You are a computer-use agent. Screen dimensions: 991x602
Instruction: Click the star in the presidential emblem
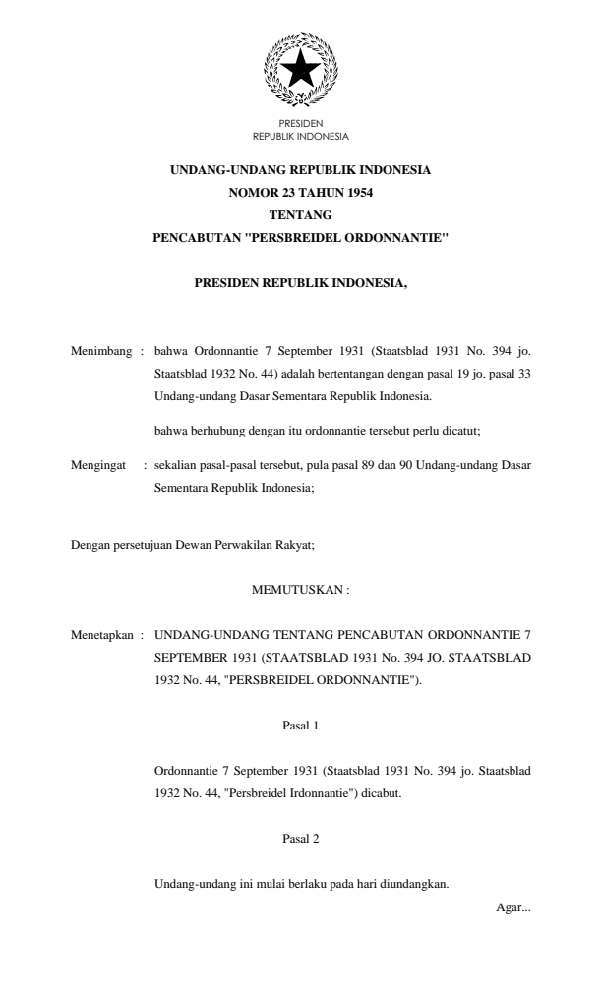[301, 70]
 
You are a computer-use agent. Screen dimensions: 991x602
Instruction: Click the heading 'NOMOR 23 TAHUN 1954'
[300, 193]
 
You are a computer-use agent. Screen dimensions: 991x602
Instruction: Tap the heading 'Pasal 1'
[300, 725]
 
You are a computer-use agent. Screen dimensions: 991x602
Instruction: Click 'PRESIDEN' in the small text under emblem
[300, 125]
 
